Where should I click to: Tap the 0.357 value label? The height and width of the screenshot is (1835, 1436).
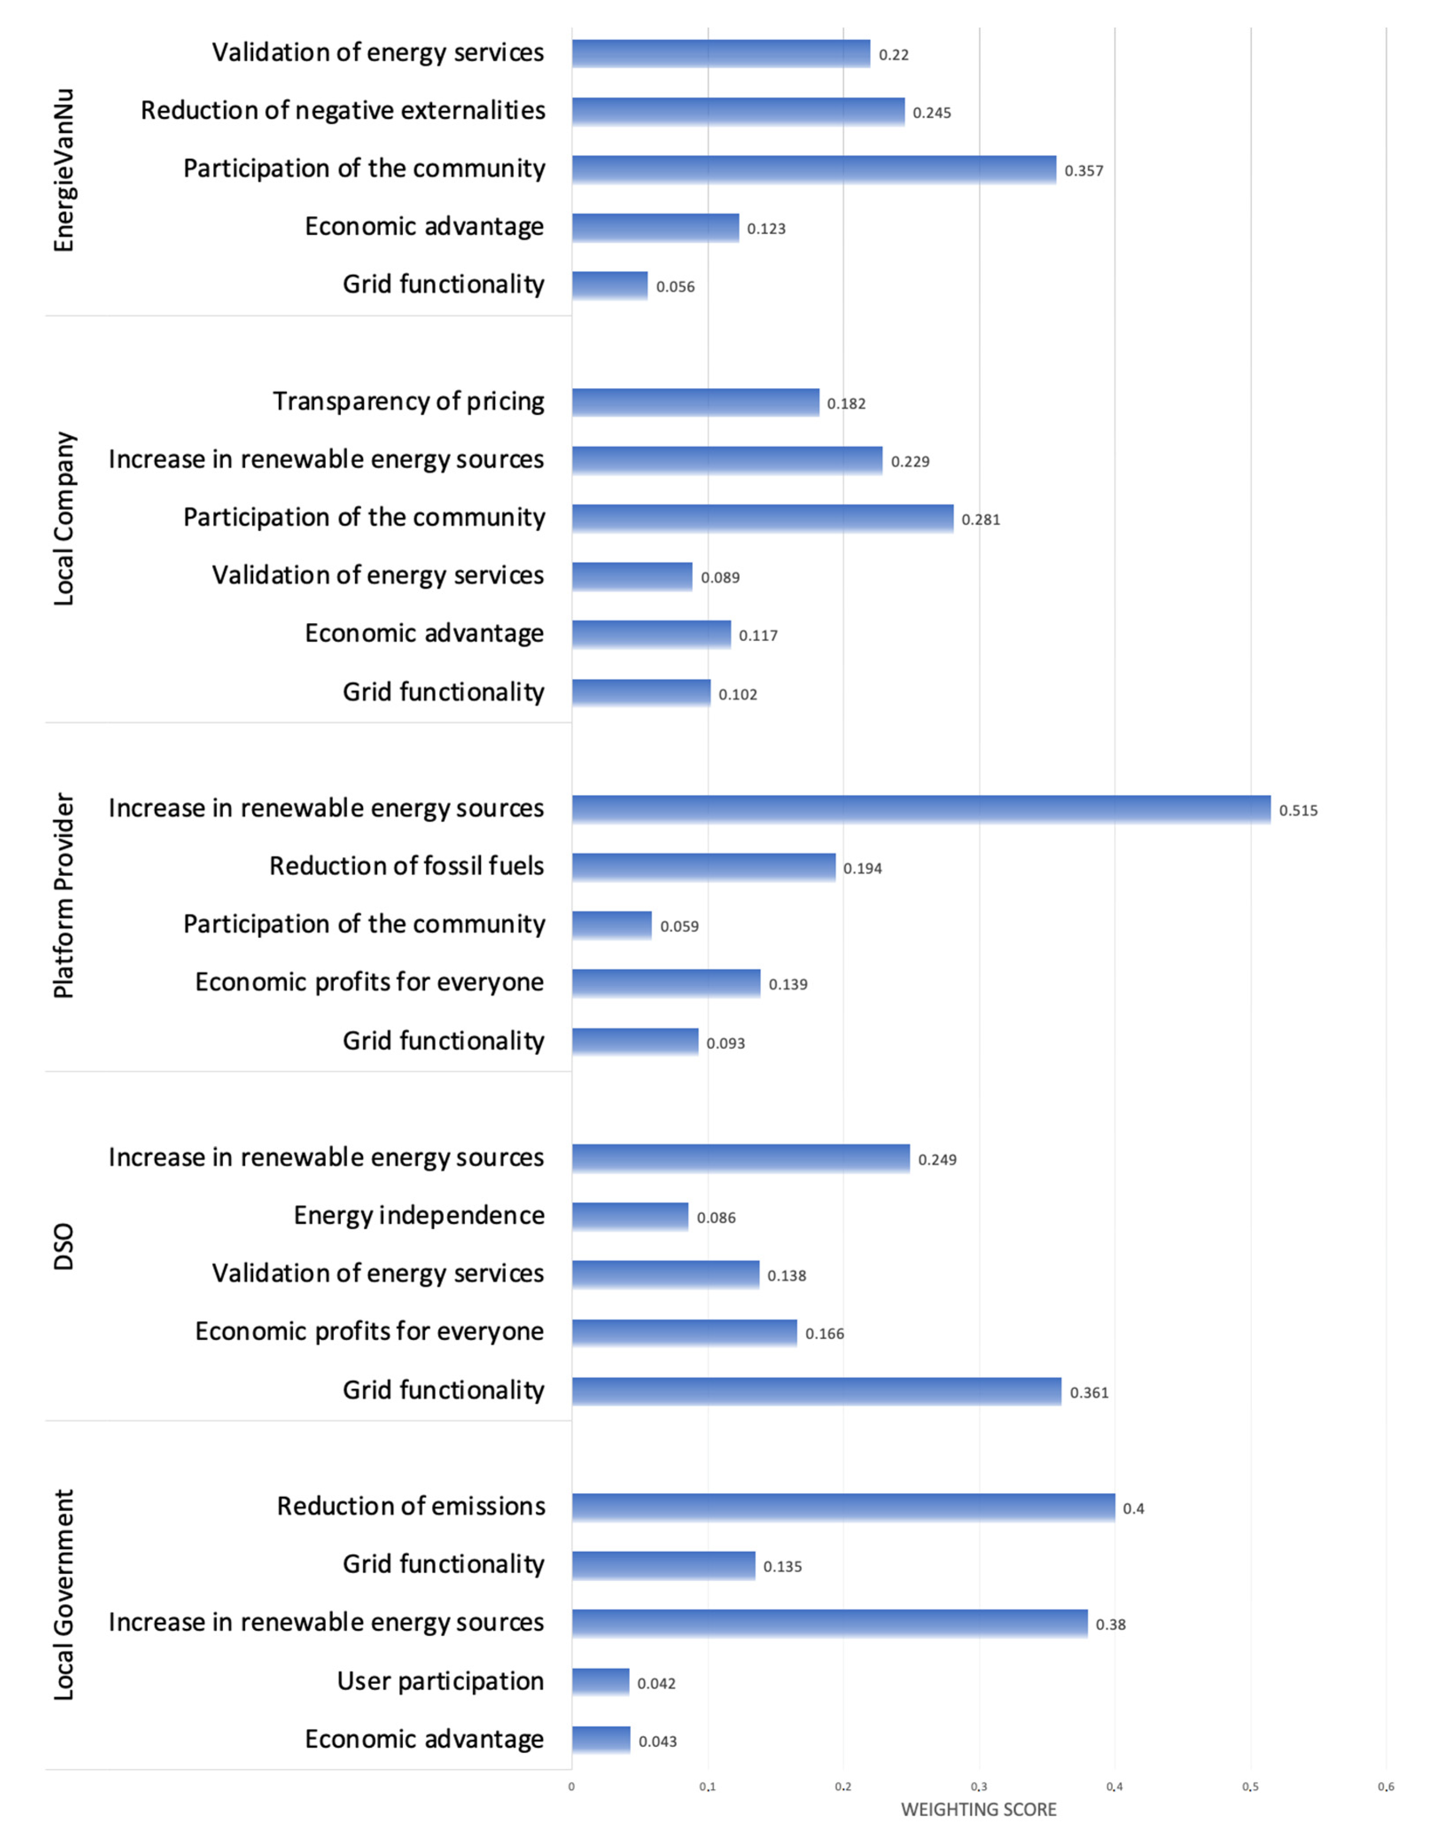[1084, 171]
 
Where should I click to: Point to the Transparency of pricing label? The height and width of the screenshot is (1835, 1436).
[409, 401]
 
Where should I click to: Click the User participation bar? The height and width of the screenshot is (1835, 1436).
[600, 1682]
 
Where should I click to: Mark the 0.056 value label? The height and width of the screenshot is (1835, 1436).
[675, 287]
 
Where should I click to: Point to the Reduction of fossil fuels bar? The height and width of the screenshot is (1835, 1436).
[704, 867]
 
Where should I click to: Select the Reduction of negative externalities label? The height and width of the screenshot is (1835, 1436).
[343, 110]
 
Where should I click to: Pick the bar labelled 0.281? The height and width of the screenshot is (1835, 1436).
[763, 518]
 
